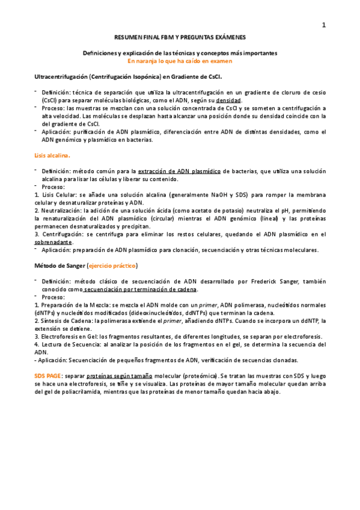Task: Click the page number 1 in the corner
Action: click(x=325, y=25)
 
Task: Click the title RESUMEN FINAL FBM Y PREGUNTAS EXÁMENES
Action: click(x=180, y=37)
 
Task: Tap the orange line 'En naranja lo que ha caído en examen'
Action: click(x=180, y=61)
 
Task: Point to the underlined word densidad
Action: click(x=229, y=100)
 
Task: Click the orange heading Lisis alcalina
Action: click(x=52, y=155)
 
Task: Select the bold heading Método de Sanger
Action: click(x=59, y=265)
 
